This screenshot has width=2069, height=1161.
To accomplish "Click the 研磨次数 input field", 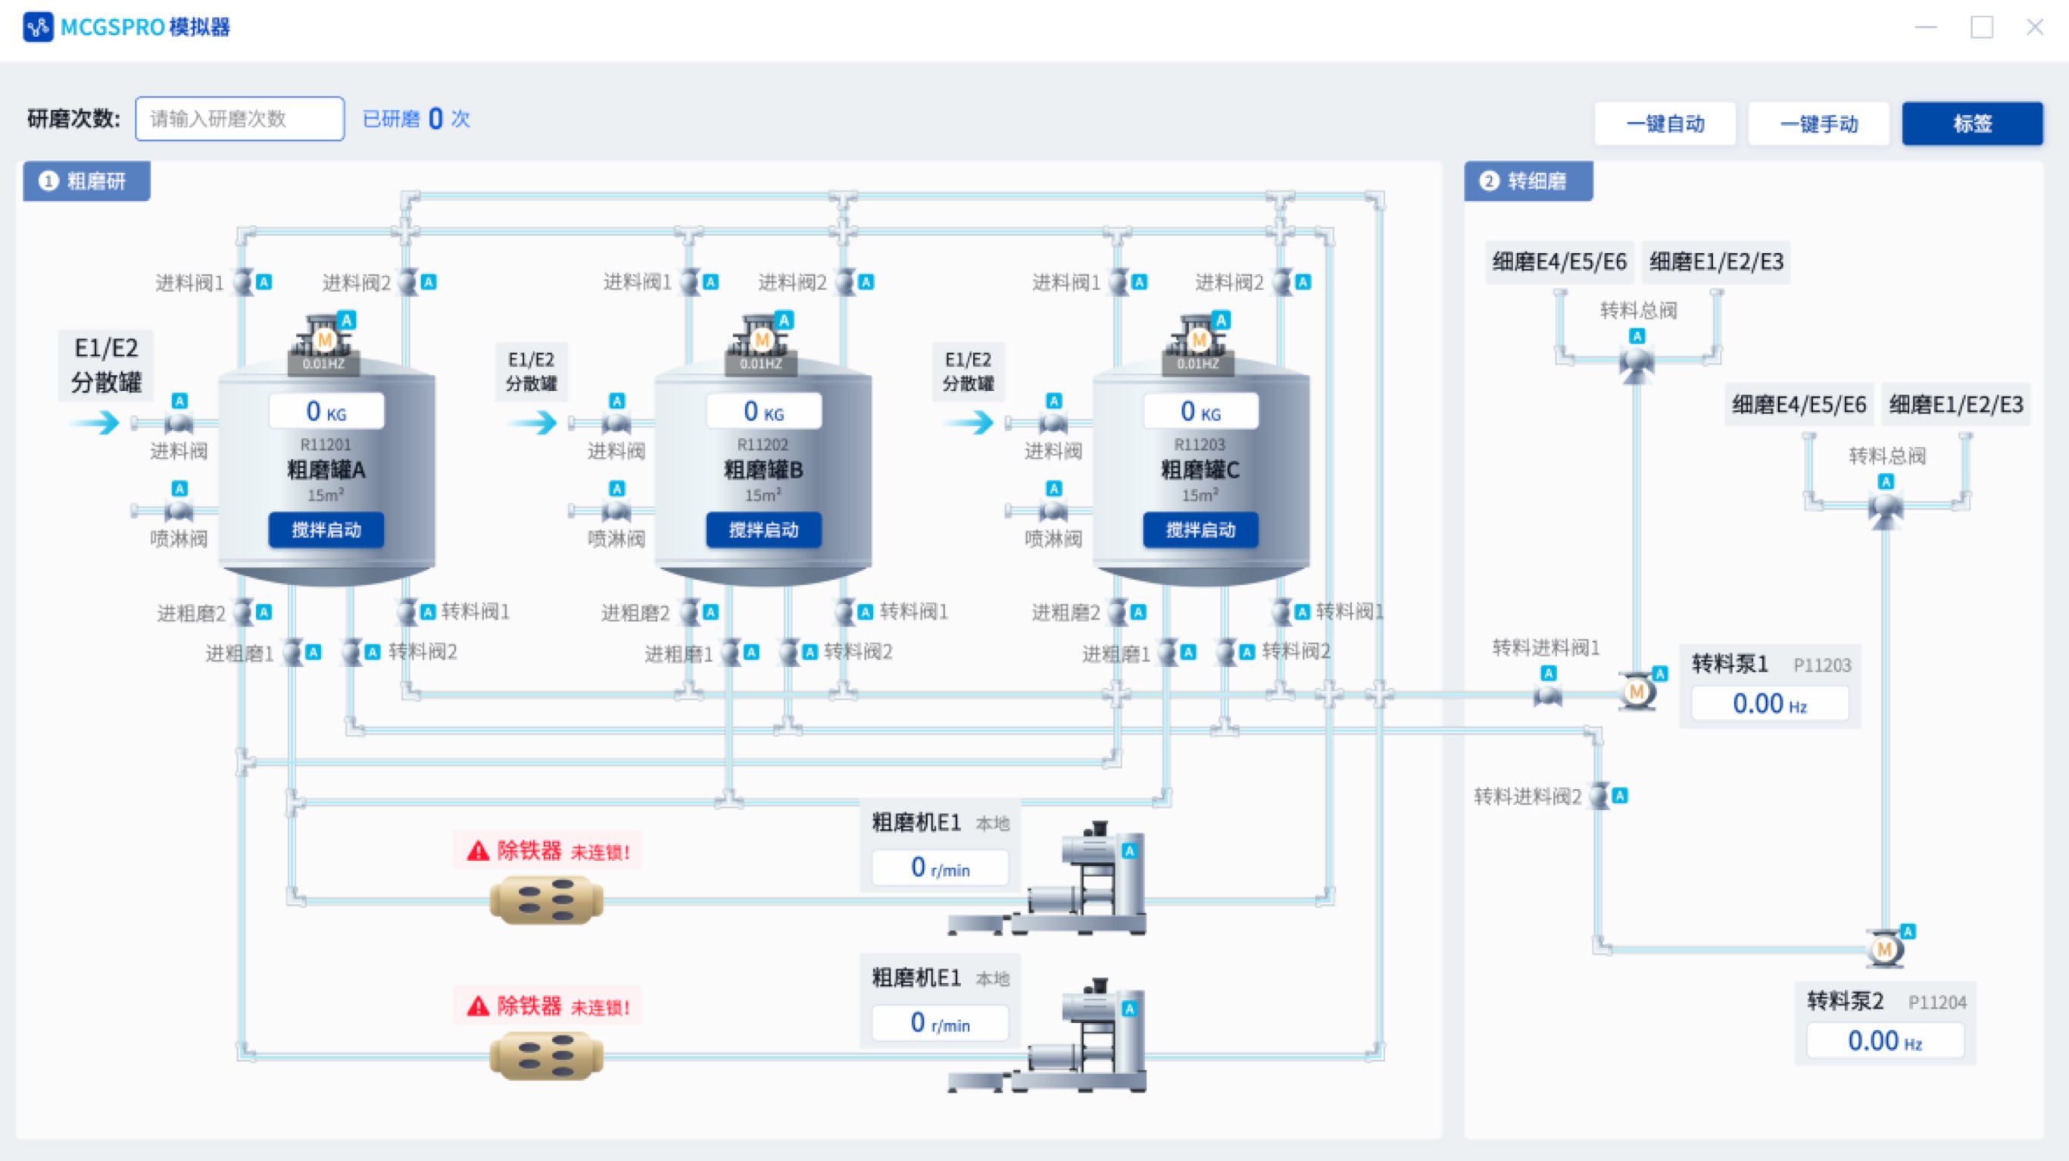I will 239,119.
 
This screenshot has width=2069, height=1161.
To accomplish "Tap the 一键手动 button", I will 1818,124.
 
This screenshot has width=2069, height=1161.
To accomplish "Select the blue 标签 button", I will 1972,124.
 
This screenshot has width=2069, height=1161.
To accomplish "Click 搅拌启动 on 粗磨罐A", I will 326,530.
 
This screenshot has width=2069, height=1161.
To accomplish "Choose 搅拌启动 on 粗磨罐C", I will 1200,530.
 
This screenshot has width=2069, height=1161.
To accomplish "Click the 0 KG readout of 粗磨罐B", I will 763,412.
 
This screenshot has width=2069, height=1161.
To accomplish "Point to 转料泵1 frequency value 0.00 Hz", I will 1769,704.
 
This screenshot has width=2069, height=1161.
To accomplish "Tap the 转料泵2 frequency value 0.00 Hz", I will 1884,1041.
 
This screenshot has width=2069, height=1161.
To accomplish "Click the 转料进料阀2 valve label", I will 1527,796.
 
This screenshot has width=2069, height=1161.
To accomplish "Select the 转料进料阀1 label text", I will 1546,648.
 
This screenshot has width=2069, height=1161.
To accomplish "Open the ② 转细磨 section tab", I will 1528,182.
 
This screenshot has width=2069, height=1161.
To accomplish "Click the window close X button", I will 2034,27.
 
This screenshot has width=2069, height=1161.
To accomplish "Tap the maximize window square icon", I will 1981,27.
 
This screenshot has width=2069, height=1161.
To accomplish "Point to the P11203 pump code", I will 1821,665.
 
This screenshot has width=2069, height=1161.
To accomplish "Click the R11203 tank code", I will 1199,444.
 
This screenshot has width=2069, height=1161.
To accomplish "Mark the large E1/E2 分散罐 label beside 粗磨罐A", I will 106,365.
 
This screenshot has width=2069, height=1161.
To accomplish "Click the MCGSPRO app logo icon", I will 38,27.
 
